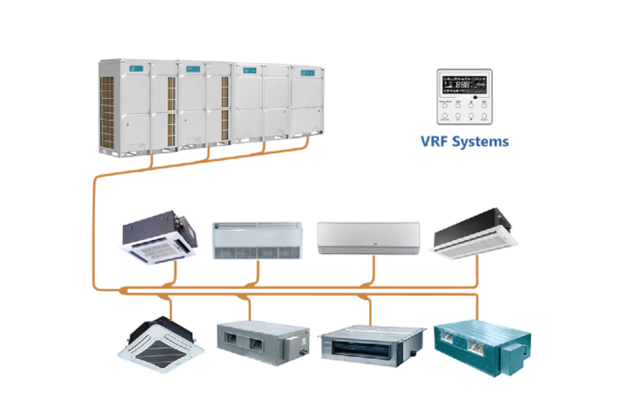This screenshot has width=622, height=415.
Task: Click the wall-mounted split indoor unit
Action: [368, 238]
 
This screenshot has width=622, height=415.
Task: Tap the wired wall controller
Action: [464, 96]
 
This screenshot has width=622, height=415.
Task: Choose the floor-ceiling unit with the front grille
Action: [257, 241]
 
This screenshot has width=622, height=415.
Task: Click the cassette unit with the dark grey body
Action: [160, 237]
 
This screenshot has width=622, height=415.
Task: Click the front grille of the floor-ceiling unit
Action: [257, 252]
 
